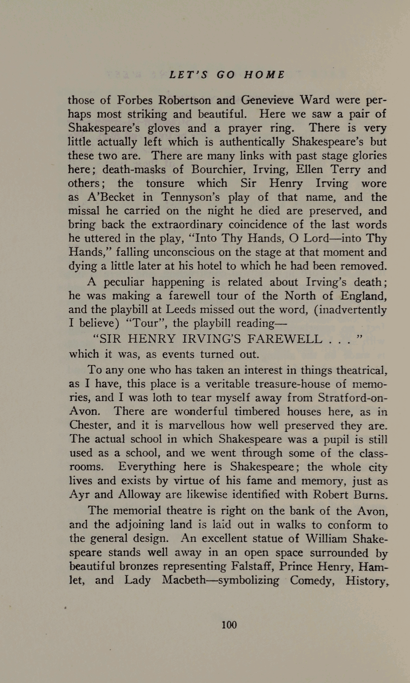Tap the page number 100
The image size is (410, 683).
tap(229, 624)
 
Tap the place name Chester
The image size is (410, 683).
tap(90, 425)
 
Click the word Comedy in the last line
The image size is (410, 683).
tap(313, 580)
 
